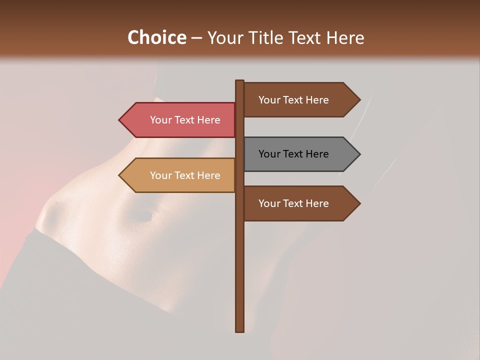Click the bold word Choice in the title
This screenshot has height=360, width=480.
pos(156,37)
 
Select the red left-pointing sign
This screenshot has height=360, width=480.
pos(180,120)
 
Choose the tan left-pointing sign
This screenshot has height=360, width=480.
pos(180,175)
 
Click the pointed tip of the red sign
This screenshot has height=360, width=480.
pos(120,120)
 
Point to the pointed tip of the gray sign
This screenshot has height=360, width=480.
pos(359,154)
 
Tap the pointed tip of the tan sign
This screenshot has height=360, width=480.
pos(120,175)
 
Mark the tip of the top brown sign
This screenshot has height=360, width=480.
pos(359,100)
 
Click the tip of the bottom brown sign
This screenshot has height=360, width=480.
pos(359,203)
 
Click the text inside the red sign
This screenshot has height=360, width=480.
pos(185,120)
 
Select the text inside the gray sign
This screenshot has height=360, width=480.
pos(293,154)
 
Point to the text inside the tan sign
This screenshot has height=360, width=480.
pos(185,175)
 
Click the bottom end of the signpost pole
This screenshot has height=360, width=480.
pos(240,330)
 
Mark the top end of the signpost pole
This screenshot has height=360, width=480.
pos(240,81)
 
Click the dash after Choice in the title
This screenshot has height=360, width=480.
pos(196,38)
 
